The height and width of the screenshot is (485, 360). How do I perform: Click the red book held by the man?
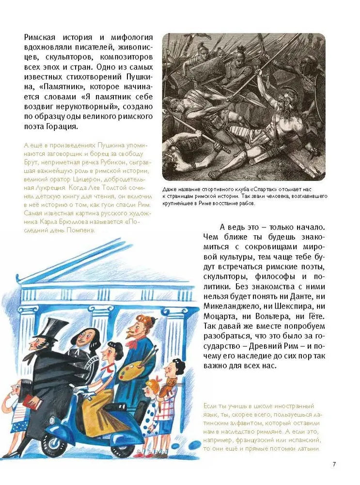[30, 402]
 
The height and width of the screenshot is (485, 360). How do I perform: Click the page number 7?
[334, 464]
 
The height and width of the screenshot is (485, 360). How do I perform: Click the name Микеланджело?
[229, 307]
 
